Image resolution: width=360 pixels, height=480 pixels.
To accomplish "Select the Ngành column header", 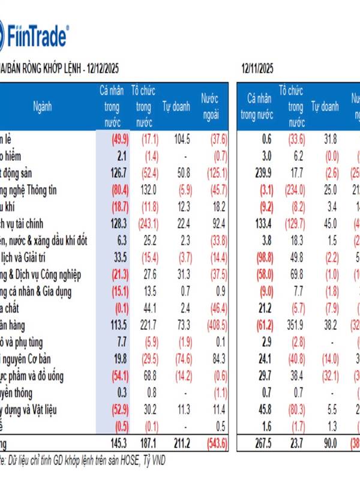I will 43,107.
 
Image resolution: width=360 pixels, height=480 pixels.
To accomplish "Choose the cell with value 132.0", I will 143,190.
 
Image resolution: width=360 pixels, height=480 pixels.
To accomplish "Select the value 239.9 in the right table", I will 259,173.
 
